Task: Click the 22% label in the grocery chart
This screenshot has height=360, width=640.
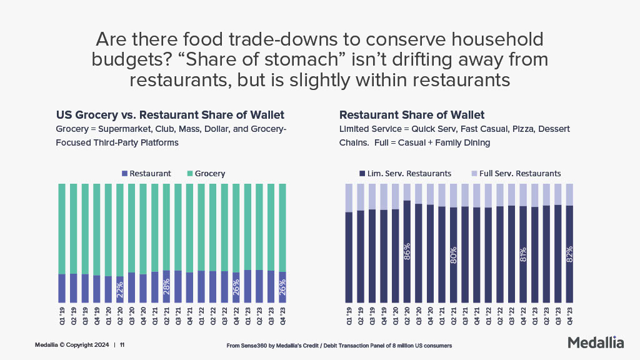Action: [120, 289]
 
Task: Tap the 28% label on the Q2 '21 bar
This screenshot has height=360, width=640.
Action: [166, 286]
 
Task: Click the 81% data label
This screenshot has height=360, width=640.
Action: [523, 254]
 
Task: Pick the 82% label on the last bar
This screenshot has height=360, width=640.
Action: [569, 253]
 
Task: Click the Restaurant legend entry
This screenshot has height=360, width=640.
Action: [146, 173]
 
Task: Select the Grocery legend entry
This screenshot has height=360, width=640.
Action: [206, 173]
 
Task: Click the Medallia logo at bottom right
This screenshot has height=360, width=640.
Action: [596, 342]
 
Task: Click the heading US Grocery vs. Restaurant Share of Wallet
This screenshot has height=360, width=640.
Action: [170, 115]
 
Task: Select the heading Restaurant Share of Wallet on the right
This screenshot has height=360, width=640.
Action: [412, 115]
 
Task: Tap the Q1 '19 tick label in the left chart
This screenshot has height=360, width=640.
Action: [62, 316]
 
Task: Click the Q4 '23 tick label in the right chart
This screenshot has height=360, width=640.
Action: [569, 316]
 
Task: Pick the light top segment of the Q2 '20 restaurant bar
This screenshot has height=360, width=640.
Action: [407, 192]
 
